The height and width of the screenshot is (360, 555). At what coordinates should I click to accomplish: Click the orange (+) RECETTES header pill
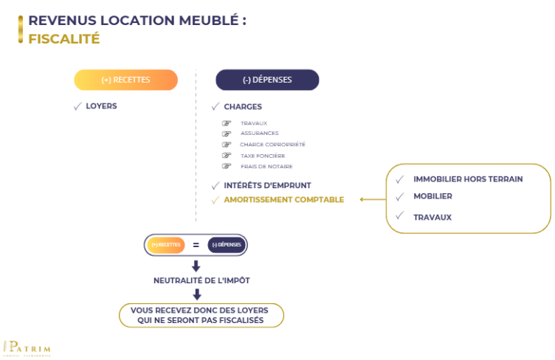click(125, 80)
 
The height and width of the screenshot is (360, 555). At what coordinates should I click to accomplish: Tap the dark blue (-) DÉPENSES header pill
click(267, 80)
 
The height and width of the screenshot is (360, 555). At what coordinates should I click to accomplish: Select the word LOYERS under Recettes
click(101, 106)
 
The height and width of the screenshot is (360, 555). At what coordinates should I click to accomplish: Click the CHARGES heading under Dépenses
click(243, 107)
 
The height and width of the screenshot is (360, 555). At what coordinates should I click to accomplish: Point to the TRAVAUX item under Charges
click(254, 123)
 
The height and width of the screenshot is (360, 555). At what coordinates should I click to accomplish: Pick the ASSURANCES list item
click(259, 134)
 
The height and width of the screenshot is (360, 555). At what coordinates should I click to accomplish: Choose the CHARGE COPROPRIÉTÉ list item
click(272, 145)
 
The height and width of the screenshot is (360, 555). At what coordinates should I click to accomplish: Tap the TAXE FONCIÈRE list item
click(263, 156)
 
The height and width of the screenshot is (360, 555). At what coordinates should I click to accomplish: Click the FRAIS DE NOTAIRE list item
click(266, 167)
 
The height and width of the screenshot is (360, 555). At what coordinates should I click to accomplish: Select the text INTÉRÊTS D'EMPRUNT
click(267, 185)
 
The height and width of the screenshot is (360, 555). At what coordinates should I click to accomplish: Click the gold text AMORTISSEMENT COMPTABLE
click(283, 200)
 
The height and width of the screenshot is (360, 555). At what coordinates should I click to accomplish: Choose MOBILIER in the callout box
click(432, 196)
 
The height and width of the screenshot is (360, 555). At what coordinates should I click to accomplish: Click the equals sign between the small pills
click(196, 244)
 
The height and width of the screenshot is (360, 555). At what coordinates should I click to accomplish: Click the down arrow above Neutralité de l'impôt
click(196, 266)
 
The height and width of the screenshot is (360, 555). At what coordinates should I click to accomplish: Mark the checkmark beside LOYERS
click(77, 106)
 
